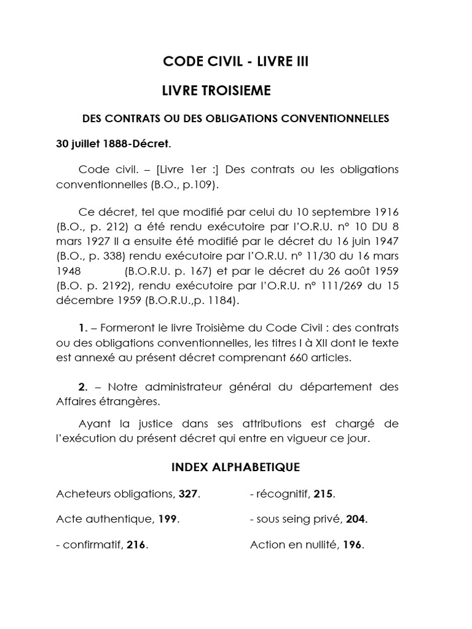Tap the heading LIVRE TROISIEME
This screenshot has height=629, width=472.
(216, 91)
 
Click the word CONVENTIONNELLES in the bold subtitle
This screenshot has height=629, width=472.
(335, 119)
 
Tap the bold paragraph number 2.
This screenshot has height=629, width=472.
(83, 386)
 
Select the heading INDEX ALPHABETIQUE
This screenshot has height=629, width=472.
(235, 467)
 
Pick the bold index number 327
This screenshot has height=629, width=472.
(189, 494)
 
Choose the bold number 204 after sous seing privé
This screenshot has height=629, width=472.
(356, 519)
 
